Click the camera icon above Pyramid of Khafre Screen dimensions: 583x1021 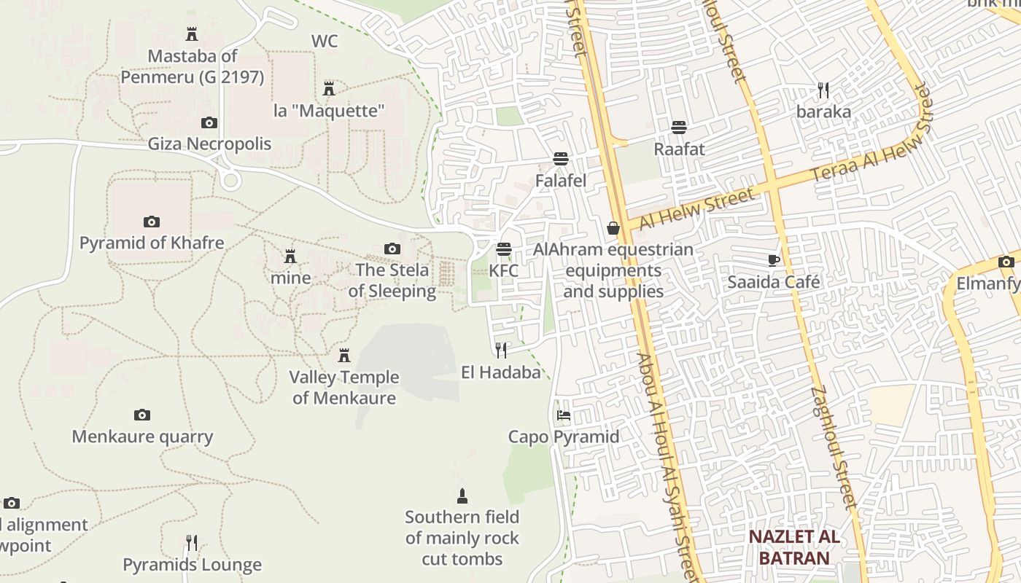152,222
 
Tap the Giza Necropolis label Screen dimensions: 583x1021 209,144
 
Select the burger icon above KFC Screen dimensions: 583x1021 503,249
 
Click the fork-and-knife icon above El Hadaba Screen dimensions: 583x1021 501,351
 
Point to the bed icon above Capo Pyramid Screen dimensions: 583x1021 564,415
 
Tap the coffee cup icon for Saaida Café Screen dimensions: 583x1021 774,260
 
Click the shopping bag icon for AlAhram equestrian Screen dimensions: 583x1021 613,228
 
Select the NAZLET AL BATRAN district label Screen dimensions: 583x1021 794,548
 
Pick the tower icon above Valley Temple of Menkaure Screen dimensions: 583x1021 344,356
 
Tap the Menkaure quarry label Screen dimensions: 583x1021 142,437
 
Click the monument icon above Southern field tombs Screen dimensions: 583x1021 462,496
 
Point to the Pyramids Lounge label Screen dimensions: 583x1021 192,565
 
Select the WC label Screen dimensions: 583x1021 325,42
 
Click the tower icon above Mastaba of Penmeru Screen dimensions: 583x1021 192,34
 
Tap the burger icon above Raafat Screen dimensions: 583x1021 679,128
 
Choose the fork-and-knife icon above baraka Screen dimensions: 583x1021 823,90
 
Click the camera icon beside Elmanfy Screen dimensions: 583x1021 1006,262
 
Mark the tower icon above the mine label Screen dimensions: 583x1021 290,257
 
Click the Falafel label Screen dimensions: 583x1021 561,180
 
